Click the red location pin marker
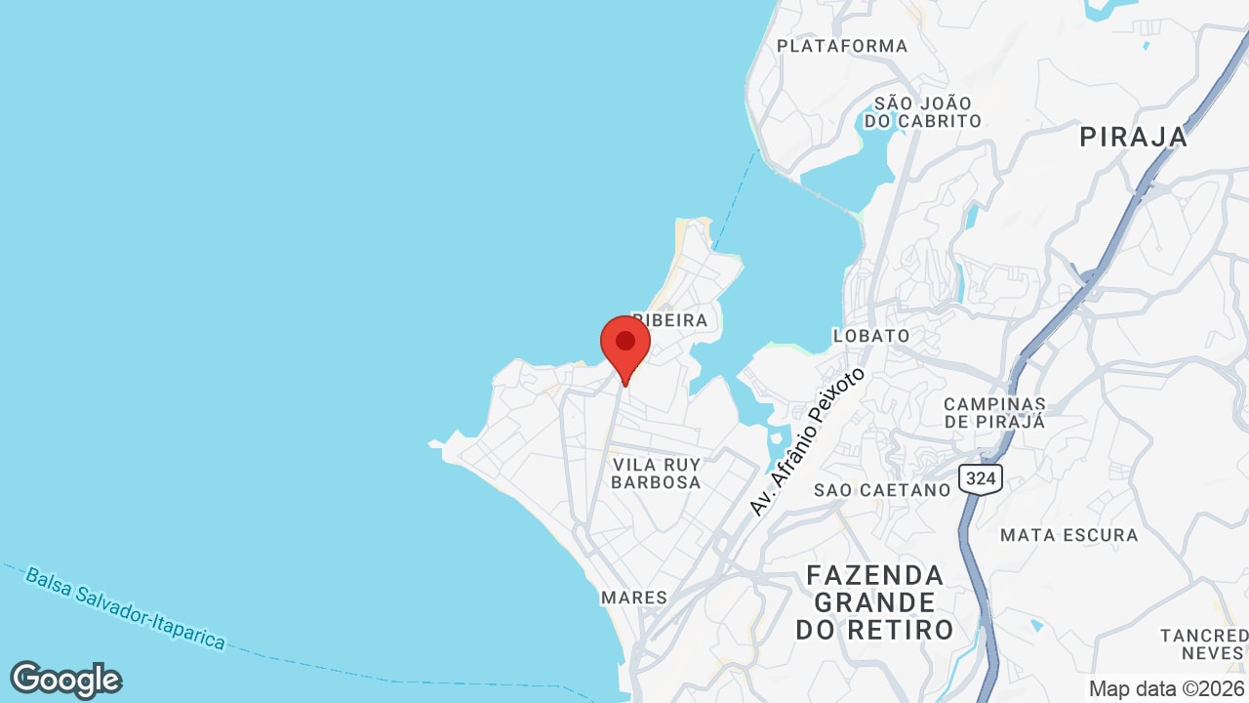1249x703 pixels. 625,346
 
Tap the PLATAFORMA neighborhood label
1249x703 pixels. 842,46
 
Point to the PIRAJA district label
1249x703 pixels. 1133,138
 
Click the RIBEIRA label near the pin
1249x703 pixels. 670,320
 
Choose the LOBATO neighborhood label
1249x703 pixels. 870,336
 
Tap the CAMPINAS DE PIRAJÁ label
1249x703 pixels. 994,413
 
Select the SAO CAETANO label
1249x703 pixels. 882,490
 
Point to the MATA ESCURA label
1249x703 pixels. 1068,535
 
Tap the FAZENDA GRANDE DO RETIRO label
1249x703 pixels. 874,601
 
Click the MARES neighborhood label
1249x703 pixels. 634,598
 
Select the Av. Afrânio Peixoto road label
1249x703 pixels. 806,441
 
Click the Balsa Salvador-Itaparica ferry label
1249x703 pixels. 126,609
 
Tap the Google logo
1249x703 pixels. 65,680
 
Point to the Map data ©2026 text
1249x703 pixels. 1166,688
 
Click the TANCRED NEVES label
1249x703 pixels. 1203,644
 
